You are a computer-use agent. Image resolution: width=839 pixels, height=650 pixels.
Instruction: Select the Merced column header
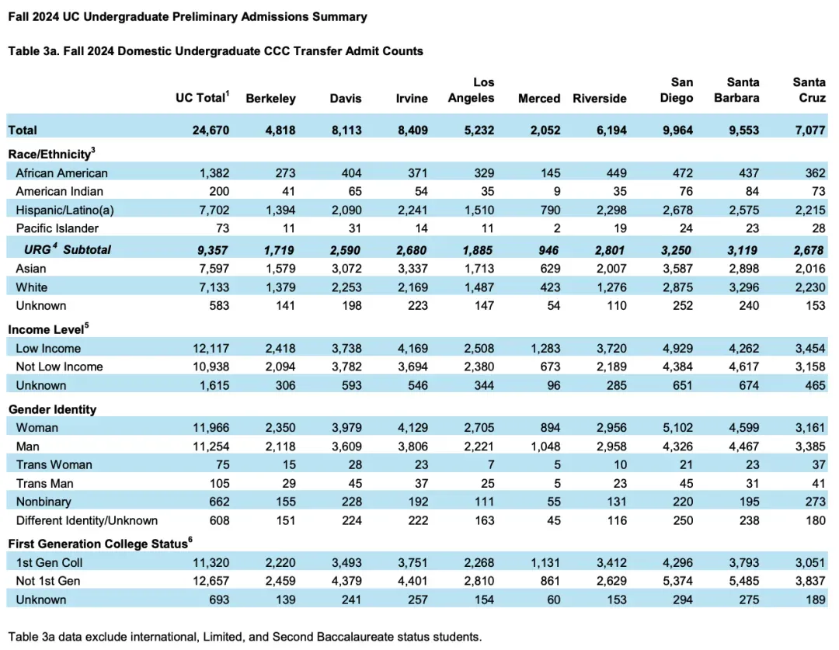pos(539,99)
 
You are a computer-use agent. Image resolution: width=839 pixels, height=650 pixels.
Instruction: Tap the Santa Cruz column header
pos(809,90)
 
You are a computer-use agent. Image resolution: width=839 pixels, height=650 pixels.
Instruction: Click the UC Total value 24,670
pos(211,130)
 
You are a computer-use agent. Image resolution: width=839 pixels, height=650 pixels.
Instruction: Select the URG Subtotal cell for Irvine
pos(412,249)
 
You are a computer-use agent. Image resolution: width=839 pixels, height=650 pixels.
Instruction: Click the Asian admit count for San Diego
pos(677,268)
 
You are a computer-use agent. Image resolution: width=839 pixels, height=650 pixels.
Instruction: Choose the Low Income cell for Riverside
pos(611,348)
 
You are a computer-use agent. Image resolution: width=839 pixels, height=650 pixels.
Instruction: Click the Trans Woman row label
pos(54,464)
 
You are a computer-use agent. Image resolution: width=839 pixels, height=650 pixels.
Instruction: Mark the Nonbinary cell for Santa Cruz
pos(816,502)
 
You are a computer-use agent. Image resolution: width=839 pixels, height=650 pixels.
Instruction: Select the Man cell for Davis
pos(346,446)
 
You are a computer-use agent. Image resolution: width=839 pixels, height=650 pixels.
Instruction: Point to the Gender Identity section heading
pos(52,408)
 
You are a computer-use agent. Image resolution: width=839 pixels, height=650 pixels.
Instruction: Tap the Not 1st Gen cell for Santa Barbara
pos(743,581)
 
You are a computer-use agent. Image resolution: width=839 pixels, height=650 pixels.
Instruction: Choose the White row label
pos(31,287)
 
